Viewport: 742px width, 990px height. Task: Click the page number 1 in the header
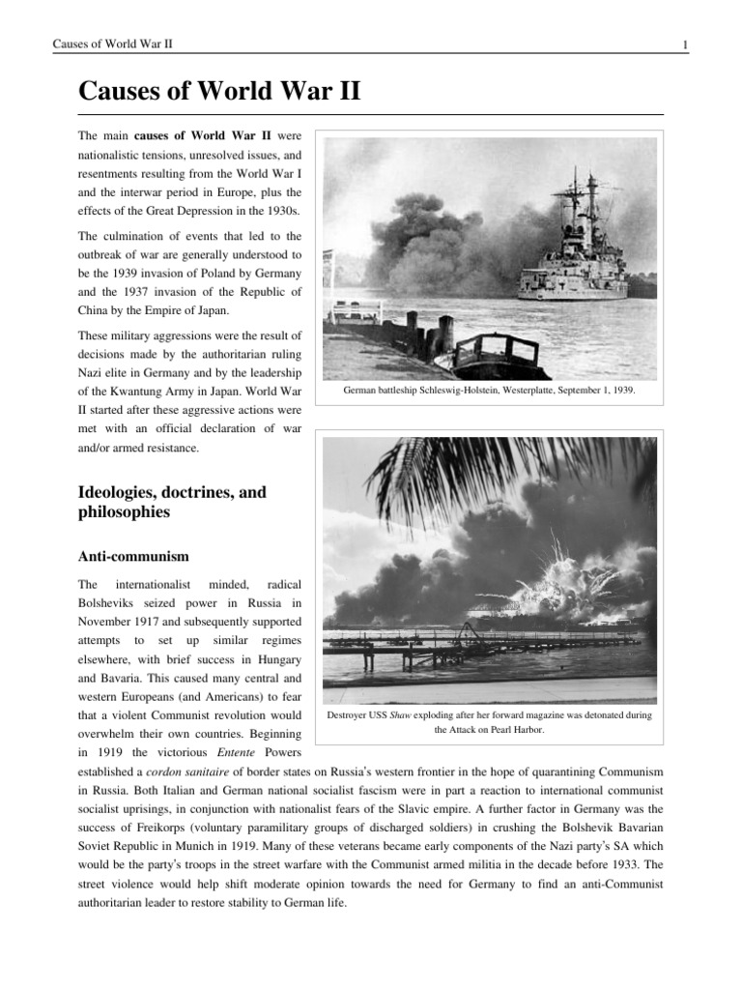click(x=684, y=44)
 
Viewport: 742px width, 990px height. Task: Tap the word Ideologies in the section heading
click(x=119, y=493)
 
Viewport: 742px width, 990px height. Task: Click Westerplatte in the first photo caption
click(x=508, y=391)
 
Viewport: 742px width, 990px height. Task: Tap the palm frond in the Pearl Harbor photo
click(x=454, y=474)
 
